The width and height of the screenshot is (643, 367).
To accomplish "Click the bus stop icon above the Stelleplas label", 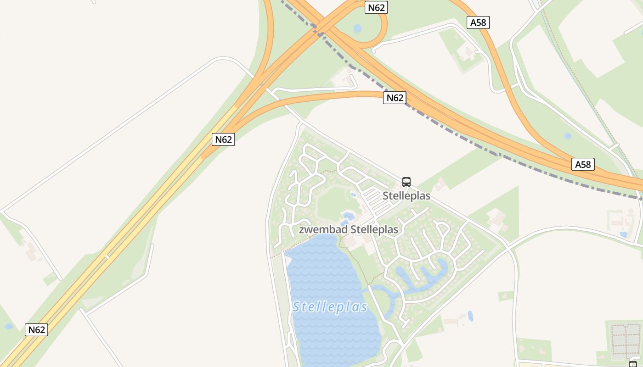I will [406, 182].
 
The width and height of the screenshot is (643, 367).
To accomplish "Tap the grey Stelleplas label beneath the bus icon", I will [406, 196].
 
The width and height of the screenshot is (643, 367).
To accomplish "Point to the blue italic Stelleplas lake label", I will [330, 307].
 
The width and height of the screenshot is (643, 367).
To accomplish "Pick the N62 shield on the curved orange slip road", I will [395, 98].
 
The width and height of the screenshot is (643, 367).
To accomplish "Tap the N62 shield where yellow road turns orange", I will [223, 139].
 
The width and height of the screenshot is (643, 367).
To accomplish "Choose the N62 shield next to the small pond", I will [36, 330].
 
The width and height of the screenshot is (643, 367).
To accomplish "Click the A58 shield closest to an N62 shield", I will [478, 22].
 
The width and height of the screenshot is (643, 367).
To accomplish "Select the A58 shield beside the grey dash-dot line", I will [583, 164].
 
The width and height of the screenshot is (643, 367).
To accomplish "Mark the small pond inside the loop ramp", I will [357, 28].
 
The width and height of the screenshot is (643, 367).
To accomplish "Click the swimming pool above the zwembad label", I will [348, 216].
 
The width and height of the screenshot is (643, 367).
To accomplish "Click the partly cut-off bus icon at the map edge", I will [633, 364].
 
